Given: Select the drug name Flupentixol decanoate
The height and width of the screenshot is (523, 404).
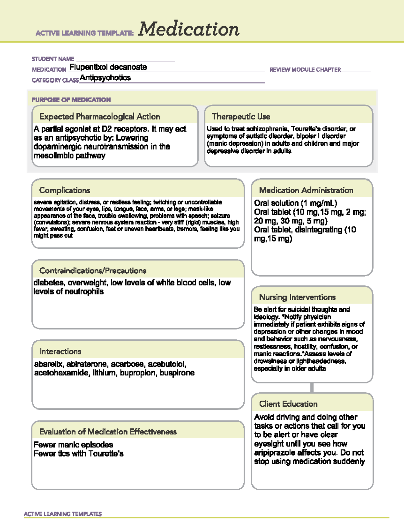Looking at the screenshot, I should point(108,67).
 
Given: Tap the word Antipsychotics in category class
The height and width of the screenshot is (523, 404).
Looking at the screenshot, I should point(105,78).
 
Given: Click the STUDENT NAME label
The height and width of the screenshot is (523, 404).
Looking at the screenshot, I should point(53,59).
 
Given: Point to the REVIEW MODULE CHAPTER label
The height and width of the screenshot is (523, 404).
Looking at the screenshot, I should point(305,70).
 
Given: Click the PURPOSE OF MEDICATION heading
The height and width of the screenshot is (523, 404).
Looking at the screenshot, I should point(71,100).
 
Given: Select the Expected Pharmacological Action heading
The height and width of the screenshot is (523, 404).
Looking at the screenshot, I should point(100,117).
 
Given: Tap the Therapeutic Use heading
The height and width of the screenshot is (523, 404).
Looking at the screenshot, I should point(241,117).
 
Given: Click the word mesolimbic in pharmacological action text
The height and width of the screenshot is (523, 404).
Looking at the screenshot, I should point(50,156).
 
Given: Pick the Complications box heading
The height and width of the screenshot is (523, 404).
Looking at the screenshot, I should point(65,190).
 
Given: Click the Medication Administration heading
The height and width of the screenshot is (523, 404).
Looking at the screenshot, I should point(306,190).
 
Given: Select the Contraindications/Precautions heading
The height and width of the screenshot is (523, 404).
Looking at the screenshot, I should point(93,271).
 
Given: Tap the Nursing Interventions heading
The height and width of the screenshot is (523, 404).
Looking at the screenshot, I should point(297,297).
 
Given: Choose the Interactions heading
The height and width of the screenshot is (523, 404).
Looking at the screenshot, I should point(61,351).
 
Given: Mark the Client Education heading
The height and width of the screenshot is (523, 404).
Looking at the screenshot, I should point(288,404).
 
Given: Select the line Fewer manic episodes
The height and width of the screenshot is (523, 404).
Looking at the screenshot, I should point(73,445).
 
